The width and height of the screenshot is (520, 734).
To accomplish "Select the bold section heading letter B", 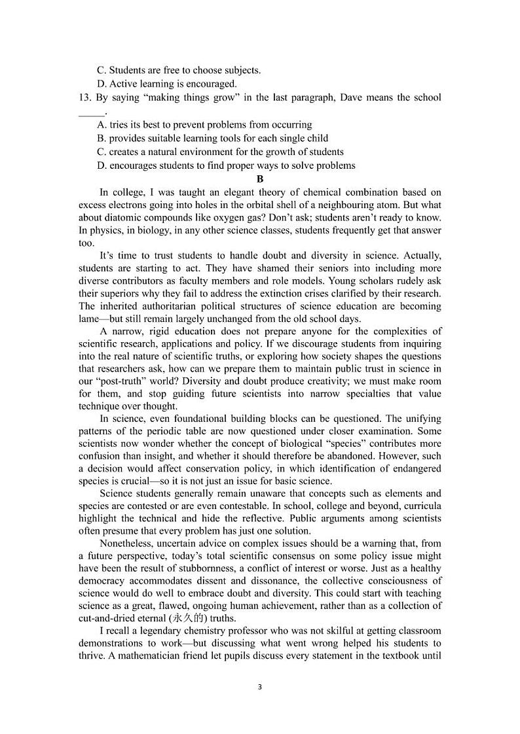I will point(260,179).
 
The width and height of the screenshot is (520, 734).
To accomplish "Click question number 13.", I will point(84,97).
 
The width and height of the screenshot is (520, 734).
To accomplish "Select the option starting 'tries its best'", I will point(204,124).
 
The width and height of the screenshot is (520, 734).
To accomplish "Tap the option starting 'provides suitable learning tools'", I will point(212,138).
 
